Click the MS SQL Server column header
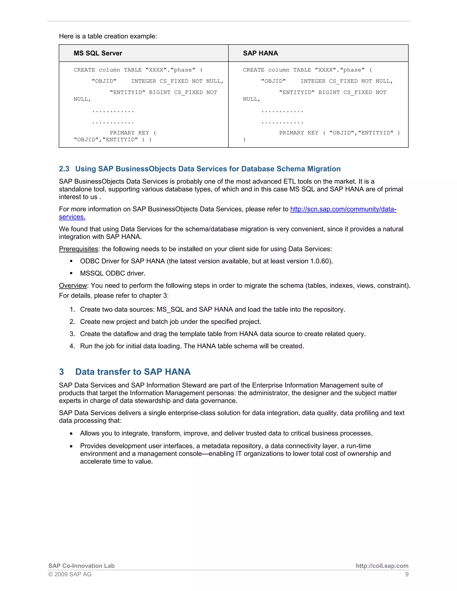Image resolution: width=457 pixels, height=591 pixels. pos(98,53)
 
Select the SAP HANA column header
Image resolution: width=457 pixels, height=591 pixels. pos(260,53)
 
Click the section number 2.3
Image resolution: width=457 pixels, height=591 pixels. pos(64,169)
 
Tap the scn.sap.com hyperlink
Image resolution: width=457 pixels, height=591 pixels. pos(343,209)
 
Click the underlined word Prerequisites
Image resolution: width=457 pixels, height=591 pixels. pos(79,249)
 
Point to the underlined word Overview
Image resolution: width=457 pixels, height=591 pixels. pos(73,285)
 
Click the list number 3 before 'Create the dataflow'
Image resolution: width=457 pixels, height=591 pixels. pos(72,334)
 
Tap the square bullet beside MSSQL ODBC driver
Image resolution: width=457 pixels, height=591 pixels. pos(71,273)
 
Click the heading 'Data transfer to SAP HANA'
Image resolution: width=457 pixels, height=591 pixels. pos(133,372)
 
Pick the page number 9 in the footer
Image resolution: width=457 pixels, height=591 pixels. pos(407,574)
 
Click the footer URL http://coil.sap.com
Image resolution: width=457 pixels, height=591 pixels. pos(382,566)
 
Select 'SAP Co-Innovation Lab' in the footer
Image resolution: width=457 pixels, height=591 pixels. pos(81,566)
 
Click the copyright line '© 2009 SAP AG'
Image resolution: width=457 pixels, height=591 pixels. pos(70,574)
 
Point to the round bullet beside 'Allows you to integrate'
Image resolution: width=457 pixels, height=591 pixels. pos(71,434)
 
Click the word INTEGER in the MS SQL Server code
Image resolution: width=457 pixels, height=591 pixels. pos(143,81)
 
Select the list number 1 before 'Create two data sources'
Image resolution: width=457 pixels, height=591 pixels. pos(72,310)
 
